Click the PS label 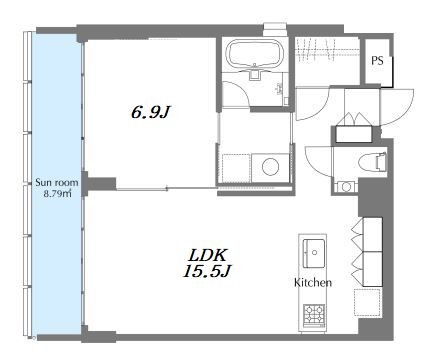pyautogui.click(x=377, y=61)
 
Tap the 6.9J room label pyautogui.click(x=151, y=112)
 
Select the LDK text pyautogui.click(x=207, y=256)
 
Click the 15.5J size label pyautogui.click(x=207, y=271)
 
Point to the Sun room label pyautogui.click(x=57, y=182)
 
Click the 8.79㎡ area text pyautogui.click(x=57, y=193)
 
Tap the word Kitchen pyautogui.click(x=313, y=283)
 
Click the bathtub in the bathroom pyautogui.click(x=255, y=53)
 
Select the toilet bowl pyautogui.click(x=373, y=162)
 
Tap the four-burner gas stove pyautogui.click(x=314, y=314)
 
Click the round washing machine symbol pyautogui.click(x=270, y=166)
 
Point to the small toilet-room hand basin pyautogui.click(x=346, y=187)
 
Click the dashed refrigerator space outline pyautogui.click(x=367, y=302)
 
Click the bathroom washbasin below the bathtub pyautogui.click(x=255, y=74)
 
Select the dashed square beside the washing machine pyautogui.click(x=236, y=168)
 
